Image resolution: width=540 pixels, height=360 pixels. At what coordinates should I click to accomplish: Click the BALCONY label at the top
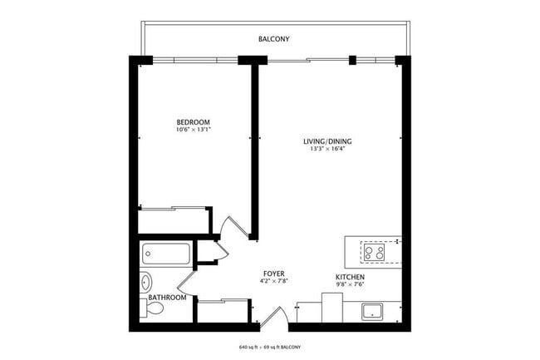(274, 39)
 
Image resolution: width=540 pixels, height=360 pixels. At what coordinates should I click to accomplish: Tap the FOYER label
(275, 273)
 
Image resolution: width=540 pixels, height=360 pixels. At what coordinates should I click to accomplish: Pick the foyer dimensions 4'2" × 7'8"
(275, 281)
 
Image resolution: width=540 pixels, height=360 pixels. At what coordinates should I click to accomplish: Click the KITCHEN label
(349, 277)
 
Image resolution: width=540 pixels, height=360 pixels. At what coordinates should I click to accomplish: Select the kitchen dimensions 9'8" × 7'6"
(349, 285)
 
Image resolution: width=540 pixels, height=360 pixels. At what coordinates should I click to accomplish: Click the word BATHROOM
(166, 297)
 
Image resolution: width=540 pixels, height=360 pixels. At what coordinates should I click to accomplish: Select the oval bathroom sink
(145, 280)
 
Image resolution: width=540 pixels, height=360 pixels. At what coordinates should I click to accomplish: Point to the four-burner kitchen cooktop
(375, 251)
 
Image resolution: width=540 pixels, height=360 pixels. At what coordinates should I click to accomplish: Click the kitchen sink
(371, 312)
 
